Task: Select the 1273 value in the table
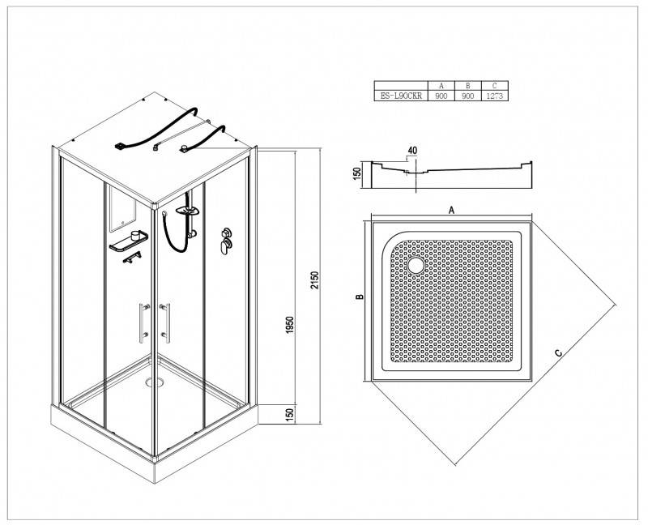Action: click(495, 96)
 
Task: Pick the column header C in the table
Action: click(495, 86)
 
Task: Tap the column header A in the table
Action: click(441, 86)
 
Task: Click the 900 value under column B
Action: click(468, 96)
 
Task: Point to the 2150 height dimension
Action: click(315, 280)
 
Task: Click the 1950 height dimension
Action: click(290, 326)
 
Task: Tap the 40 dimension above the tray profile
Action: click(412, 151)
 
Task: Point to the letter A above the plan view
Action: click(452, 211)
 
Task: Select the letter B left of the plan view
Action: click(360, 297)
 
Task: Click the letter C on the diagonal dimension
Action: click(558, 353)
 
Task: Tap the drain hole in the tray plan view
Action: click(416, 266)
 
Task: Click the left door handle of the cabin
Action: click(143, 322)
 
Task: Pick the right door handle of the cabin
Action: click(166, 322)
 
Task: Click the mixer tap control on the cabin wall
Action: click(226, 241)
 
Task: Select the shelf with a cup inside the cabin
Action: click(129, 241)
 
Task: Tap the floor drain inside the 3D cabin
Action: click(155, 382)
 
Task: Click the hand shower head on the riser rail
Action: click(187, 211)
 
